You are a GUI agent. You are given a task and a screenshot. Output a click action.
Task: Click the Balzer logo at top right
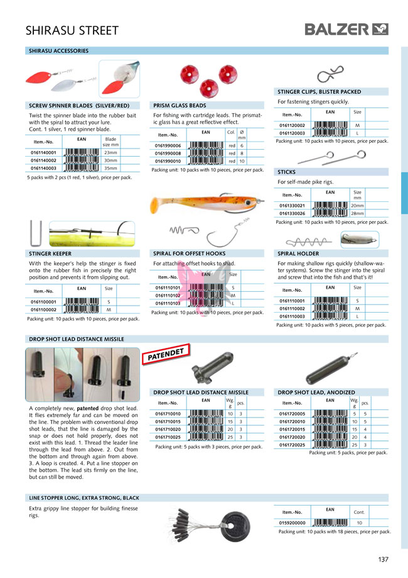click(346, 29)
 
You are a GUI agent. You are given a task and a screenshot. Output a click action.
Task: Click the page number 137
click(384, 559)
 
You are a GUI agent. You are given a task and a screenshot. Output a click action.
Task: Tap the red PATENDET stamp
click(166, 355)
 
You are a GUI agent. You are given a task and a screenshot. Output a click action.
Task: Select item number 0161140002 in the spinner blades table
click(43, 160)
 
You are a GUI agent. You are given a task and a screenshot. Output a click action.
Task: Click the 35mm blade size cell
click(110, 169)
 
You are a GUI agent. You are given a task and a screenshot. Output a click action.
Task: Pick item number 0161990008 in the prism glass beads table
click(168, 153)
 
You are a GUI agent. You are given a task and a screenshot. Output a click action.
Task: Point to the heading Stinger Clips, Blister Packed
click(319, 92)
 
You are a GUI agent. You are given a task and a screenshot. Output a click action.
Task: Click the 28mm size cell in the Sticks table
click(357, 213)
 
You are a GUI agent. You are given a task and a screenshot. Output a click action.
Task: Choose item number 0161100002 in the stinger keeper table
click(43, 310)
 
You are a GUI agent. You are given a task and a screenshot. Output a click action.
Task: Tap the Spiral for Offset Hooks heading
click(190, 253)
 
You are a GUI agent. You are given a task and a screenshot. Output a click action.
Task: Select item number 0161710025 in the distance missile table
click(168, 436)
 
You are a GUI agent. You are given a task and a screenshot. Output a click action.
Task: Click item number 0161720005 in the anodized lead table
click(293, 413)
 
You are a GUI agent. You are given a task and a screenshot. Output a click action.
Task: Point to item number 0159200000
click(293, 523)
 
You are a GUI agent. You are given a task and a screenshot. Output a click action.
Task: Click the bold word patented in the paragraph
click(87, 408)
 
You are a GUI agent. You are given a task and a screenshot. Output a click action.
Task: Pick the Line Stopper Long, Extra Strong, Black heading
click(84, 498)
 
